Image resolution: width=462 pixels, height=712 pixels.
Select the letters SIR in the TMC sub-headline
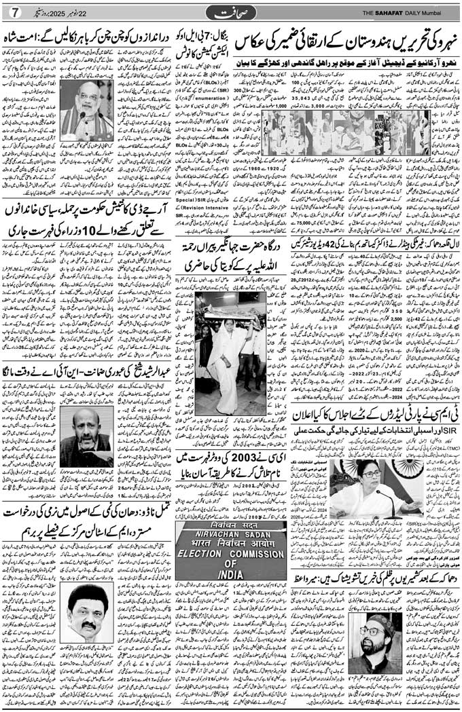tap(444, 430)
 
